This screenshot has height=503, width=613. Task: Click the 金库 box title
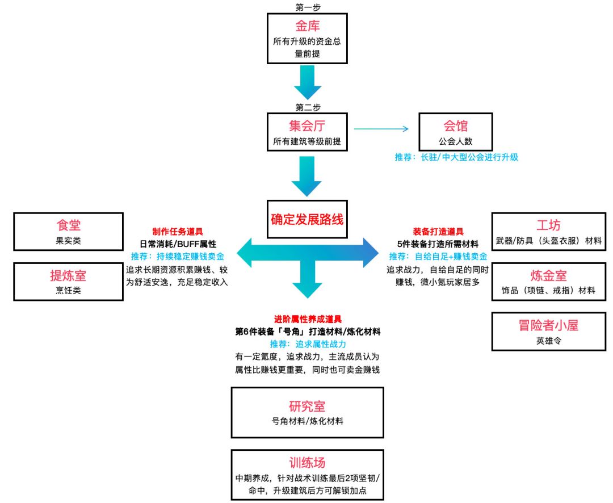307,27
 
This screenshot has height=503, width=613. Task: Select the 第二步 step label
307,106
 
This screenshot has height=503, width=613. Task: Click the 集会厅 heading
307,126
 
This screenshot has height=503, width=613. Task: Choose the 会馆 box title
456,126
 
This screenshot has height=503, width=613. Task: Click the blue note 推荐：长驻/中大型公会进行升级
456,157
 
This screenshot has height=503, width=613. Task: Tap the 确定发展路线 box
307,219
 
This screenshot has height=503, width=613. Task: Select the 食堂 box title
68,225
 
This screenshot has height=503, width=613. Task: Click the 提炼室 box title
68,276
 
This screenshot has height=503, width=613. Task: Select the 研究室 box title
307,406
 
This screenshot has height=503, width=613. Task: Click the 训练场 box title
307,462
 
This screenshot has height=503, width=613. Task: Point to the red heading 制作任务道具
178,232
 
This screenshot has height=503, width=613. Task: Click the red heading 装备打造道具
438,232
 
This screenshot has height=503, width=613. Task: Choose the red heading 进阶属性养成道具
307,320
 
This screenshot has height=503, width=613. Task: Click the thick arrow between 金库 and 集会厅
307,83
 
